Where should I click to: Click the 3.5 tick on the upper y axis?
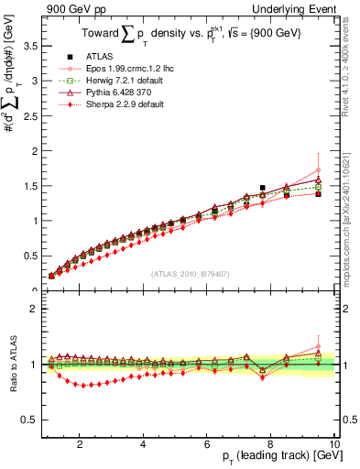30,45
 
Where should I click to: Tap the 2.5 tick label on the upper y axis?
30,115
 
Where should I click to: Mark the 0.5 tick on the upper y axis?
30,256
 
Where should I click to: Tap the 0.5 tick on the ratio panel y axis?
30,420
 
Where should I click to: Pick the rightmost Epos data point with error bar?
318,170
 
